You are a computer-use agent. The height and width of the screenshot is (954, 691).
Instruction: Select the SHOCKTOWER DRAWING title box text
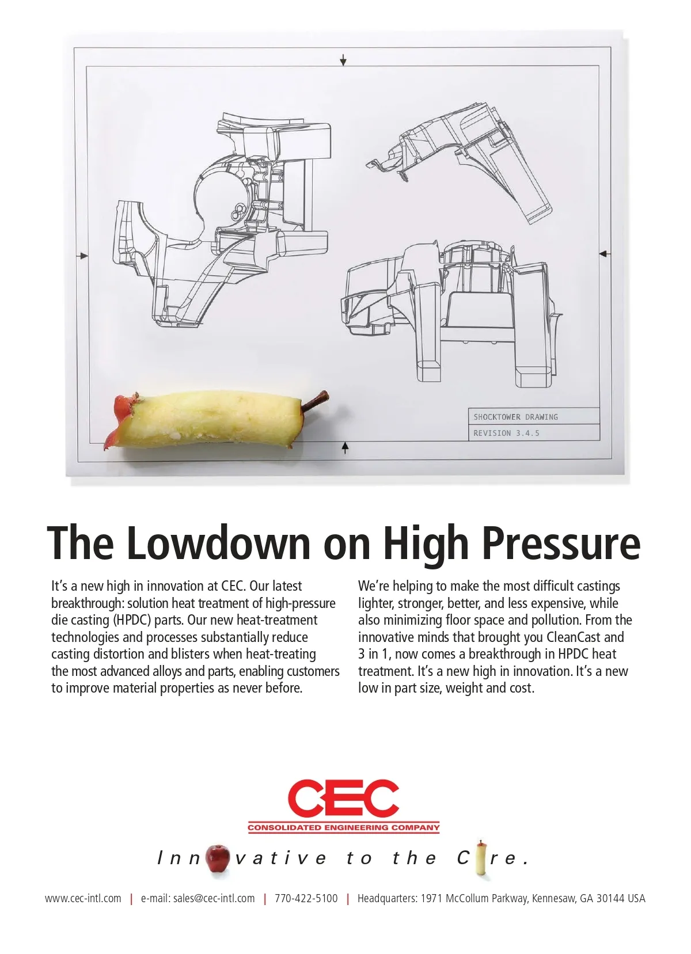pos(515,417)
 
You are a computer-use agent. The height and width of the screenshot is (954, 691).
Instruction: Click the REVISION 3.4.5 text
pos(506,433)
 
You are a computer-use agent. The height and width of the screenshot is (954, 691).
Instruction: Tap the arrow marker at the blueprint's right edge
pos(605,254)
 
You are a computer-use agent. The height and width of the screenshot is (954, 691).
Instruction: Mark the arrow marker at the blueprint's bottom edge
pos(345,447)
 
